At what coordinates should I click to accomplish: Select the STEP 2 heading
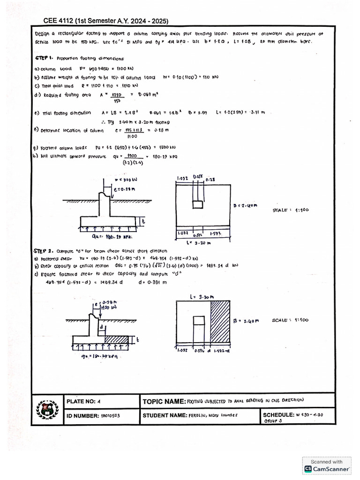pos(45,250)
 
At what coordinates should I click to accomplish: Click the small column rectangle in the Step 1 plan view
pos(198,204)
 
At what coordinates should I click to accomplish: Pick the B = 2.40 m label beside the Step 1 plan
pos(245,204)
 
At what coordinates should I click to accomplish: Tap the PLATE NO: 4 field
pos(84,401)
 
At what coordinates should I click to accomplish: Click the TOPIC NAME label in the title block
pos(164,402)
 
